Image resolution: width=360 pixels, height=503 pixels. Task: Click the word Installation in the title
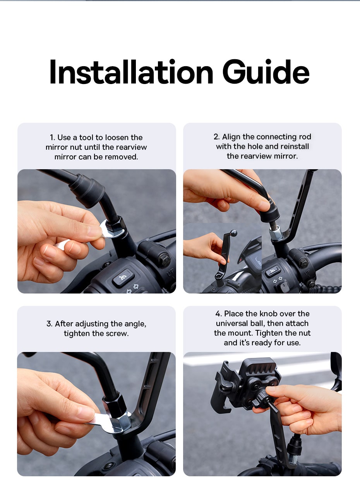click(x=131, y=72)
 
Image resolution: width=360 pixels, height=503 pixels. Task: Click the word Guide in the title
click(x=266, y=72)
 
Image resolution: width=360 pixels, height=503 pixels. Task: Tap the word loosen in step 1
click(x=117, y=137)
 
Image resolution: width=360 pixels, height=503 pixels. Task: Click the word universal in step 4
click(x=231, y=323)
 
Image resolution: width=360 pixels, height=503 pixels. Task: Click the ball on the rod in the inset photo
click(x=234, y=233)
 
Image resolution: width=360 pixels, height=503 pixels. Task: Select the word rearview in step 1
click(x=132, y=147)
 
